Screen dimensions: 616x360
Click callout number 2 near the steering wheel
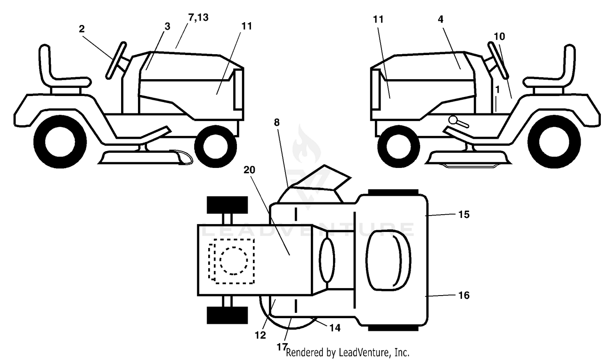pyautogui.click(x=81, y=29)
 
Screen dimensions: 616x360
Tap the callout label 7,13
pyautogui.click(x=198, y=17)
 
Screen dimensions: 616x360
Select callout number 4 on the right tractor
pyautogui.click(x=441, y=19)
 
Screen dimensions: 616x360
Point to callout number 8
pyautogui.click(x=277, y=122)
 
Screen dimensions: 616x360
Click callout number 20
pyautogui.click(x=249, y=170)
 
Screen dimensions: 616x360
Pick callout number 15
pyautogui.click(x=464, y=214)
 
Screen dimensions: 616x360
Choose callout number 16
pyautogui.click(x=464, y=295)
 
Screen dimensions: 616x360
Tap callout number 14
pyautogui.click(x=335, y=328)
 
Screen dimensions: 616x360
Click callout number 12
pyautogui.click(x=260, y=335)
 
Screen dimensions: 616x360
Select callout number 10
pyautogui.click(x=499, y=36)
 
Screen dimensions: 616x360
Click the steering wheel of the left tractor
pyautogui.click(x=116, y=61)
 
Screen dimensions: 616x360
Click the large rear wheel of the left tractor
pyautogui.click(x=60, y=142)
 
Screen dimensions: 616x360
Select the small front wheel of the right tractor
pyautogui.click(x=399, y=146)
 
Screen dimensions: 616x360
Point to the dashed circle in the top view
pyautogui.click(x=234, y=261)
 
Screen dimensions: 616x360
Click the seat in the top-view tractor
pyautogui.click(x=388, y=260)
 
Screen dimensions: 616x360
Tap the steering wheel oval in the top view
pyautogui.click(x=327, y=260)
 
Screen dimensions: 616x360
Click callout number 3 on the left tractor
pyautogui.click(x=167, y=26)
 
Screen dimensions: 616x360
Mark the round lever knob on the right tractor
pyautogui.click(x=453, y=120)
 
